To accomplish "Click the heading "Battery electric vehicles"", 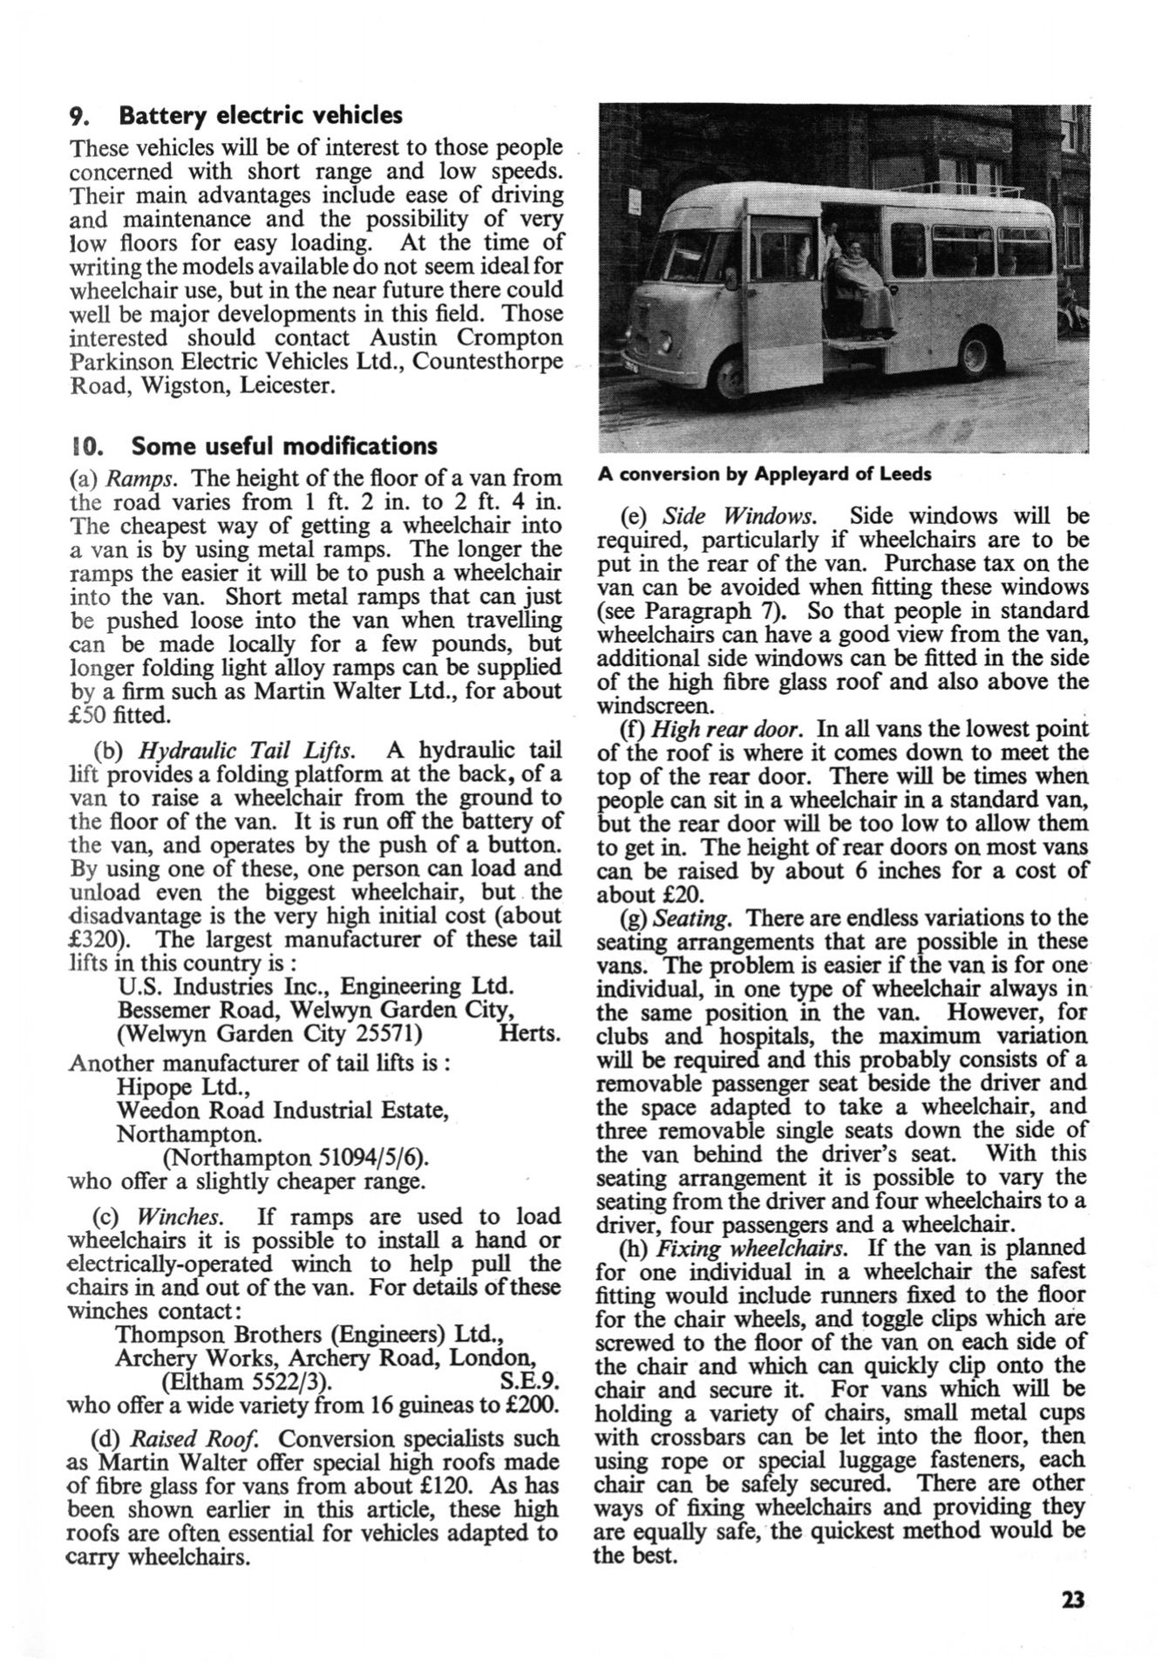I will [x=260, y=115].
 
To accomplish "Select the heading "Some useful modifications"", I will [x=283, y=446].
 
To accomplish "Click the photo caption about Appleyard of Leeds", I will [x=765, y=475].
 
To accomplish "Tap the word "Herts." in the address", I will [x=530, y=1034].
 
